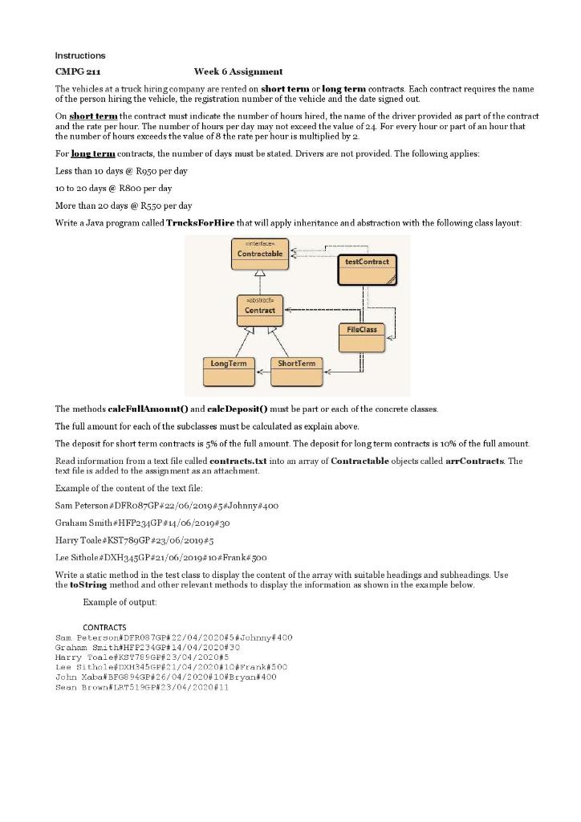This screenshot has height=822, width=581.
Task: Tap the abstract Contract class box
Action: click(x=259, y=309)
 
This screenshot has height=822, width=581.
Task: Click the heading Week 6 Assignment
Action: click(x=238, y=72)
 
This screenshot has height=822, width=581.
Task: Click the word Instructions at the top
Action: click(x=79, y=55)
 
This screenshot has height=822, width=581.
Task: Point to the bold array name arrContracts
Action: click(x=477, y=462)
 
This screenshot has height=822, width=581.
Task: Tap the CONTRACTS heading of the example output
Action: click(x=104, y=627)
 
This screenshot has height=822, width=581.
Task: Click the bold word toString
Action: click(x=87, y=585)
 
